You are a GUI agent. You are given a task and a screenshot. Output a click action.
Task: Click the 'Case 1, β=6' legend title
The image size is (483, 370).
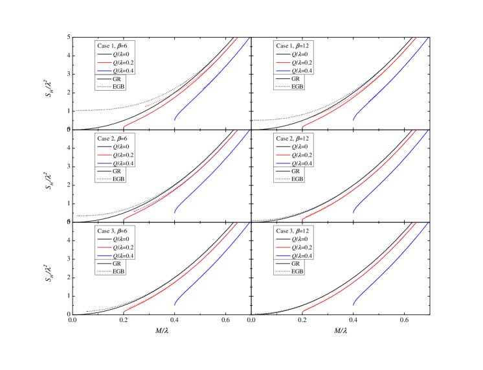point(116,46)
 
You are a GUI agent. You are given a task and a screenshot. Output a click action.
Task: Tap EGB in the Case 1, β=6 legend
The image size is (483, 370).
point(119,86)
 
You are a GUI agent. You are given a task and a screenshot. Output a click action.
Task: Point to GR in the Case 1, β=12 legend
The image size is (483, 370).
point(296,78)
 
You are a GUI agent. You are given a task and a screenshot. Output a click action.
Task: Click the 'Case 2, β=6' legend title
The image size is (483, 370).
point(116,139)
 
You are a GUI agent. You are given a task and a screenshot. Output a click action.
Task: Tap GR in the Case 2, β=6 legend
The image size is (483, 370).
point(117,171)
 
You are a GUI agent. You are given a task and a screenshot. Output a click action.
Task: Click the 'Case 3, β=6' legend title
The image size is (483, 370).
point(116,231)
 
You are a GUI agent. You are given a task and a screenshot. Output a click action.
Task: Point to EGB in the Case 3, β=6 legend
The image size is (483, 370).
point(119,272)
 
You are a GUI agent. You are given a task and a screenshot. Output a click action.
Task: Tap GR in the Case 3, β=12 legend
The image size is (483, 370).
point(296,264)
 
